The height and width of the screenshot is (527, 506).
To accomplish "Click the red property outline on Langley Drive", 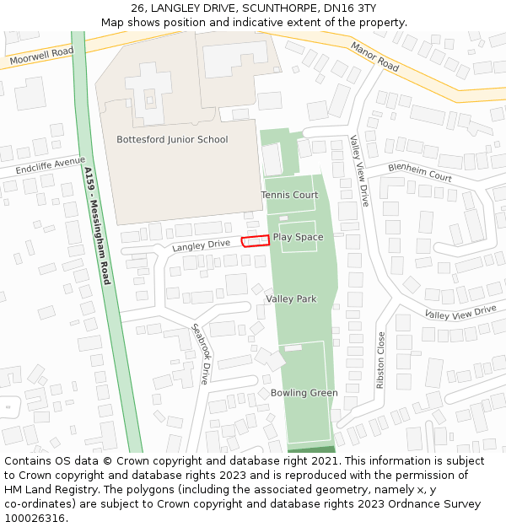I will coord(256,240).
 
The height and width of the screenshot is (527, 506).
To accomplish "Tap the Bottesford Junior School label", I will coord(172,140).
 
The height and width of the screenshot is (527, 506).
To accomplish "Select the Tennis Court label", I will coord(289,195).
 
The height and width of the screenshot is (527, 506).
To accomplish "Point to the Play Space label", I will coord(298,237).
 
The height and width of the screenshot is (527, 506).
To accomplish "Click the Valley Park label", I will coord(291,298).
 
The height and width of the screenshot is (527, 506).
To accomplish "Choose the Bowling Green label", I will coord(304,393).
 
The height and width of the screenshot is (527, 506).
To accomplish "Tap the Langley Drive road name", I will coord(201,245).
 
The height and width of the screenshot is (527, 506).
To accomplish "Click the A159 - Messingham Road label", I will coord(97,225).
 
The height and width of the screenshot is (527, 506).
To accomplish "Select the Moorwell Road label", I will coord(41,56).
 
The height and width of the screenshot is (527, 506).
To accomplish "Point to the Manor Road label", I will coord(374,56).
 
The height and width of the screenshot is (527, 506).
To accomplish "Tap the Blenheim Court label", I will coord(420,172).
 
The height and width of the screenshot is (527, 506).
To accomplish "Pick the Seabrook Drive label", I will coord(199,354).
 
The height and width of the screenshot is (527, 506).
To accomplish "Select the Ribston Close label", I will coord(381,359).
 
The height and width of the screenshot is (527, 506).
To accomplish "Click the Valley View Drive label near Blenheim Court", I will coord(360,171).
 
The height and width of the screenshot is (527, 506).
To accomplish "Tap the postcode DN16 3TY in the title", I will coord(353,8).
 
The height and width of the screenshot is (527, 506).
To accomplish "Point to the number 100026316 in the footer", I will coord(34,518).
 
